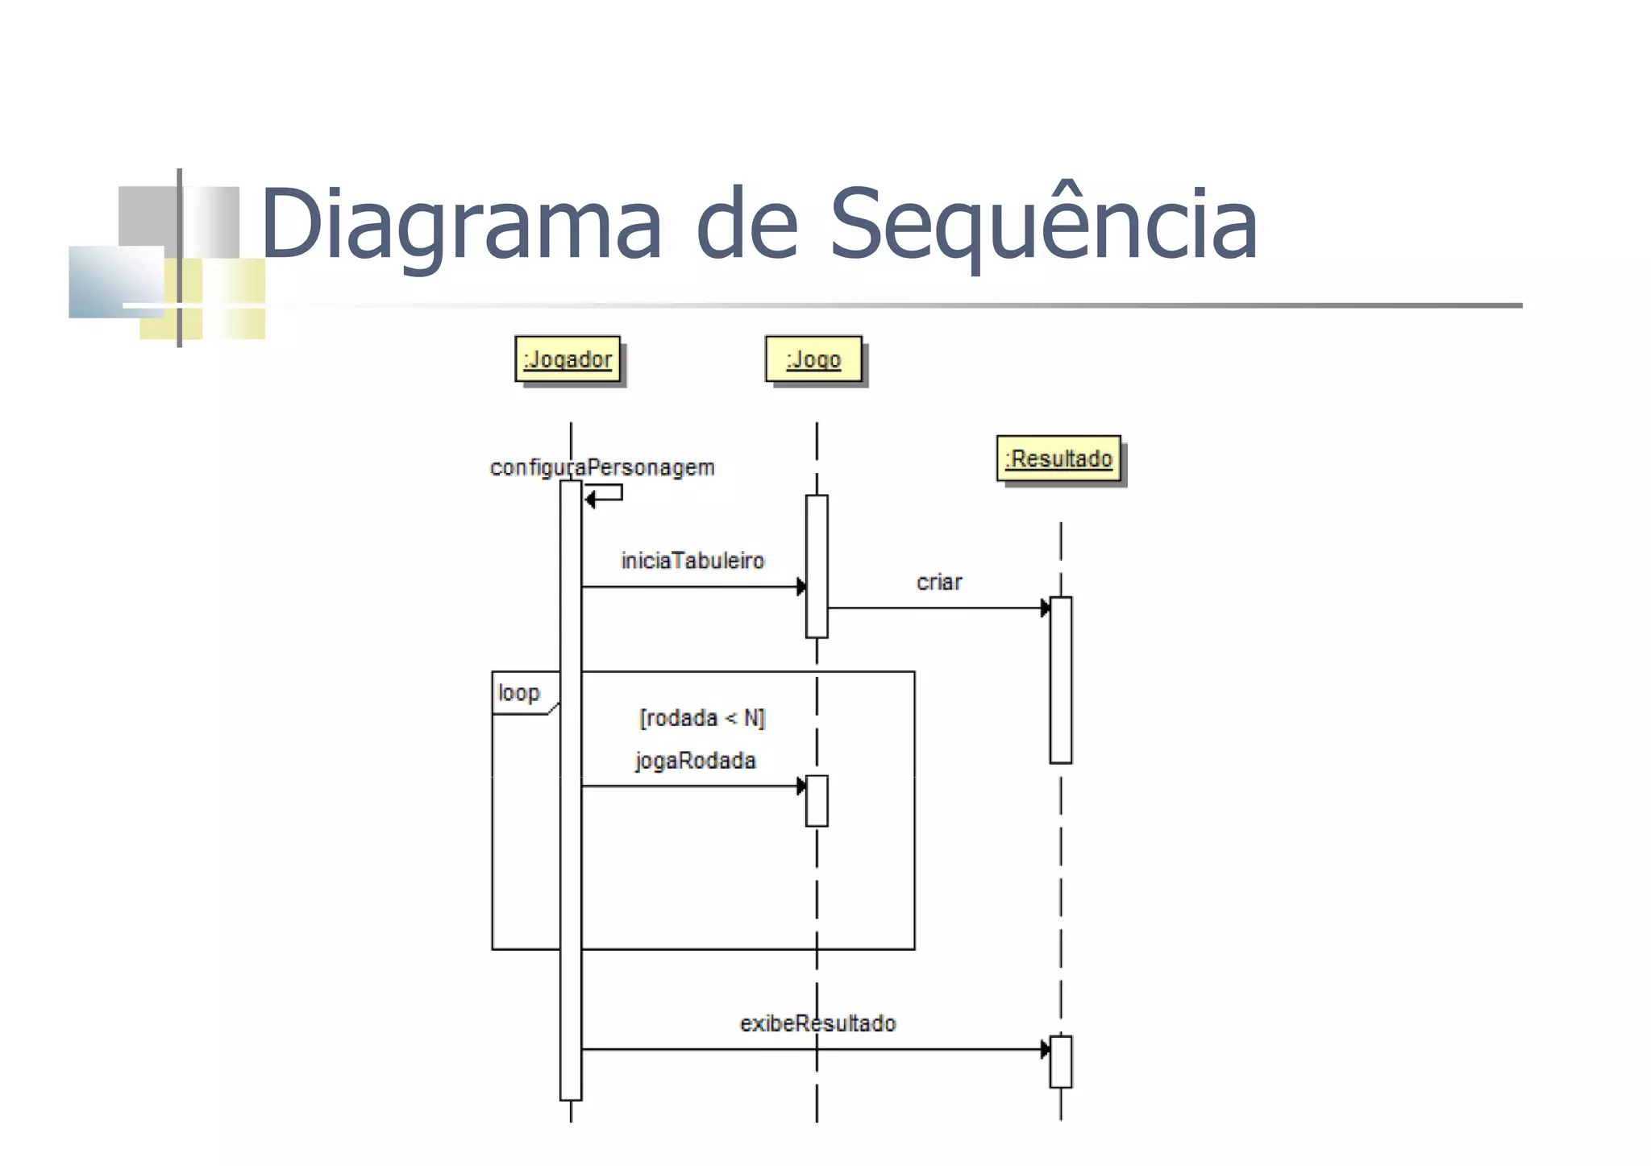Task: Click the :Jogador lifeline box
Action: [x=568, y=359]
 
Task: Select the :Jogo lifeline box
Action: [x=813, y=359]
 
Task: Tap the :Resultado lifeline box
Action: [x=1058, y=459]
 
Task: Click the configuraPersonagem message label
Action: [x=602, y=467]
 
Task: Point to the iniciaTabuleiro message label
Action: [x=692, y=560]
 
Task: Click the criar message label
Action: [x=939, y=582]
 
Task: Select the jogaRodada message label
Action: [x=695, y=761]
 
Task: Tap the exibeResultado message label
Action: [x=817, y=1023]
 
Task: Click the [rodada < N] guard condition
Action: [x=701, y=717]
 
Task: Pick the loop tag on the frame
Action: [x=519, y=693]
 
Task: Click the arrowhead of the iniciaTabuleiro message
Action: [x=801, y=587]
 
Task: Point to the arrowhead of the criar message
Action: [x=1045, y=608]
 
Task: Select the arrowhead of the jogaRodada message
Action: [x=801, y=786]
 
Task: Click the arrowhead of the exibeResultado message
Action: [x=1045, y=1049]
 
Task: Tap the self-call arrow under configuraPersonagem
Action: [x=605, y=494]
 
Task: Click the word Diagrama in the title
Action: [x=460, y=223]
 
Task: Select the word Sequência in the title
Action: [x=1043, y=223]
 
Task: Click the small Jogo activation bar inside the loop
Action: [x=817, y=801]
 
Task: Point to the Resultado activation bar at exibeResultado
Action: [x=1061, y=1062]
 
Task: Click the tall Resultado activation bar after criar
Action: [x=1061, y=680]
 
